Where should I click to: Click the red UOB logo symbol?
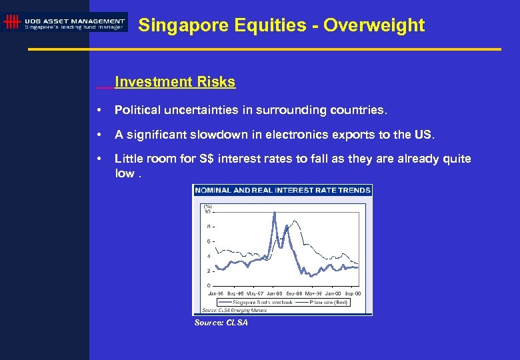pos(11,22)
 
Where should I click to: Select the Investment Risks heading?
pos(175,82)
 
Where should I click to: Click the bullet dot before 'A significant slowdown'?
pos(99,135)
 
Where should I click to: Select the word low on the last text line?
pos(124,173)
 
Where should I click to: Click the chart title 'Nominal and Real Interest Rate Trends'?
pos(283,190)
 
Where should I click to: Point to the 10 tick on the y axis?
pos(207,211)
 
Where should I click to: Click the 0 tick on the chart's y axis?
pos(209,286)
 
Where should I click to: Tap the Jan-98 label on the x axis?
pos(274,293)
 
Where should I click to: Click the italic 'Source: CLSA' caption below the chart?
pos(221,323)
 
